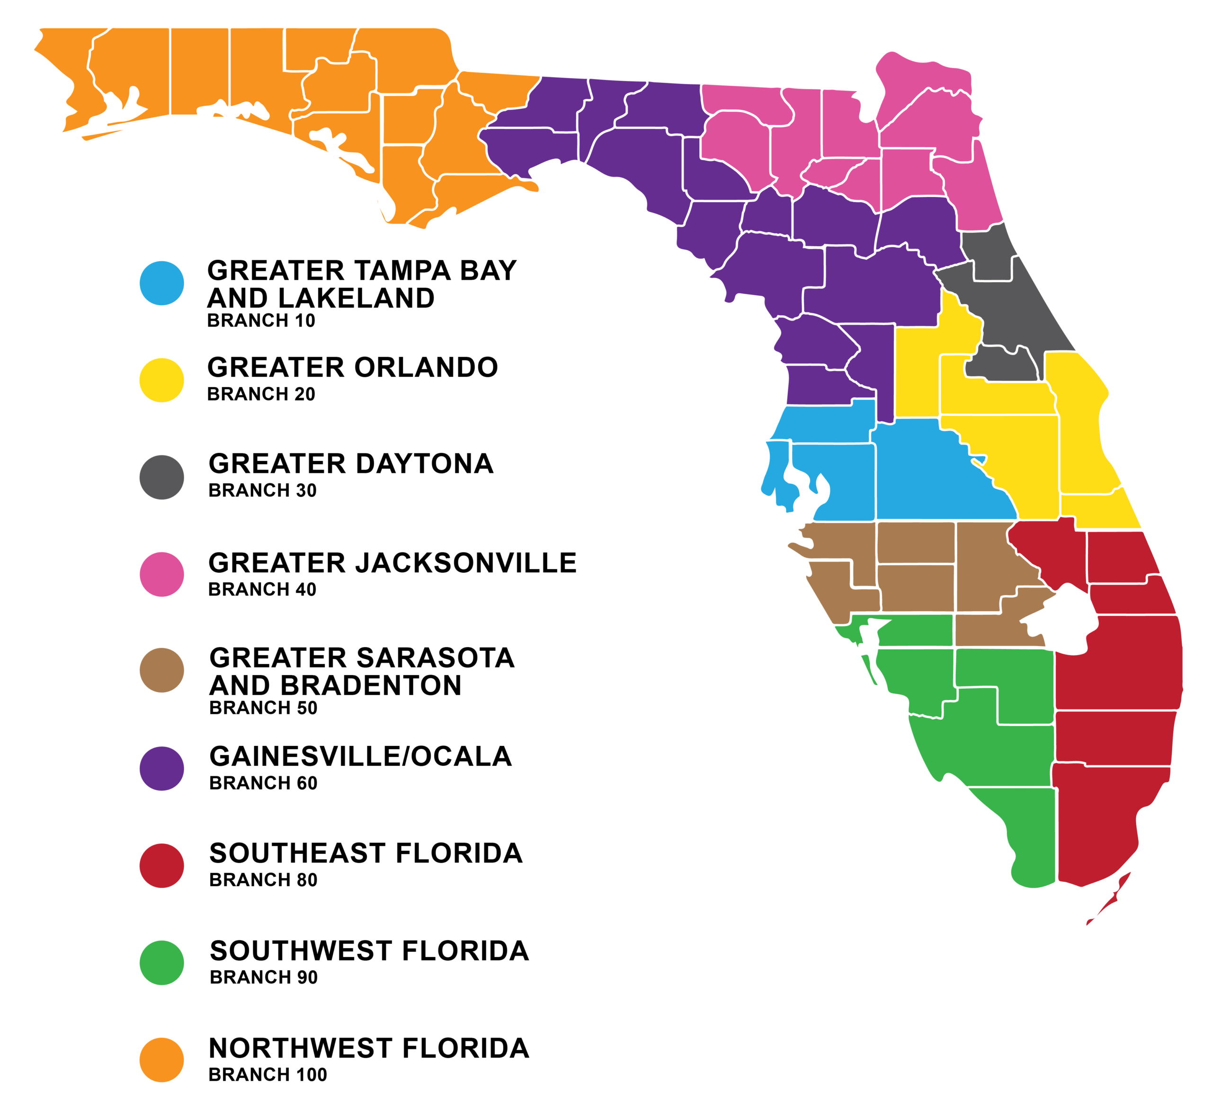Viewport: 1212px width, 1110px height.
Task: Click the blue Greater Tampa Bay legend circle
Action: (x=162, y=283)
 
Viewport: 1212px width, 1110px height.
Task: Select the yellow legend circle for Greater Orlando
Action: (x=162, y=381)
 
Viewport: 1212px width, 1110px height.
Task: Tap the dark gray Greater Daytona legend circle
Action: (x=162, y=477)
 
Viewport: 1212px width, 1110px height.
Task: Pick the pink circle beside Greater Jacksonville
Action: (x=162, y=575)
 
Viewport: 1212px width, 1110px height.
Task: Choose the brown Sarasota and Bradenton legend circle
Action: (x=162, y=670)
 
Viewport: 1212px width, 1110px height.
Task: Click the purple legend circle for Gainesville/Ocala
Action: (x=162, y=769)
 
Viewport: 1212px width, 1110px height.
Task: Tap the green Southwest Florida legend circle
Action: (x=162, y=963)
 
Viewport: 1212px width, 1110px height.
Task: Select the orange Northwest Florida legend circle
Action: (x=162, y=1060)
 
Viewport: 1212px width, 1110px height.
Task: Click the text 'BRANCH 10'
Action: (x=261, y=321)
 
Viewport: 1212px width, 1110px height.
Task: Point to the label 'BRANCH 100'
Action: (x=267, y=1074)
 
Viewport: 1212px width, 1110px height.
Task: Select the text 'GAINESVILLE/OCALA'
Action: (x=361, y=756)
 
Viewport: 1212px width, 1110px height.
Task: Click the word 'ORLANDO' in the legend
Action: (x=426, y=367)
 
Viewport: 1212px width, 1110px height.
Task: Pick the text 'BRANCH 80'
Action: (x=263, y=880)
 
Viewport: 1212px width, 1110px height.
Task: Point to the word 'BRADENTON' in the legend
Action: (x=379, y=686)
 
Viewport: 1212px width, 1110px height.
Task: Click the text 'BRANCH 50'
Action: (x=263, y=708)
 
